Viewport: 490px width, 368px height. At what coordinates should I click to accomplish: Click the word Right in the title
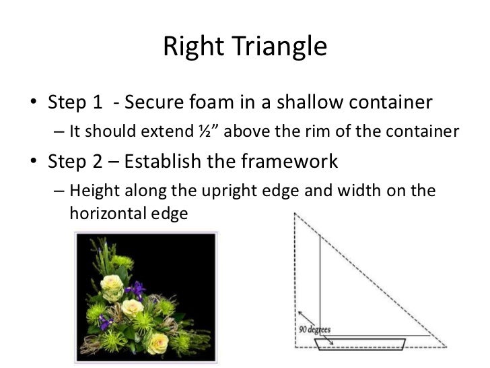pos(194,48)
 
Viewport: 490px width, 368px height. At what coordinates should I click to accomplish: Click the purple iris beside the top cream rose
pos(137,290)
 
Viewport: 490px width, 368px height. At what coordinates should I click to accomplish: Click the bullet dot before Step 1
pos(34,104)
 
